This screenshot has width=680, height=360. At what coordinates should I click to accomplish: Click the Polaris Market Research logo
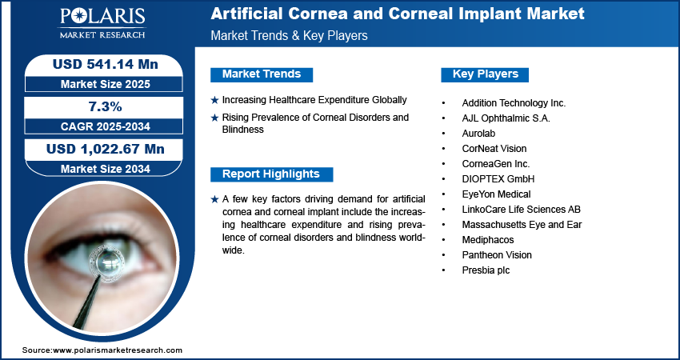coord(102,22)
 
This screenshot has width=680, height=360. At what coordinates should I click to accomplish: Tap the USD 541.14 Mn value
coord(105,65)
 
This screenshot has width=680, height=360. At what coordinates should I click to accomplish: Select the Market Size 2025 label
coord(105,84)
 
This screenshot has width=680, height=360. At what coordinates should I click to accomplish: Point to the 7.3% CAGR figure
coord(105,106)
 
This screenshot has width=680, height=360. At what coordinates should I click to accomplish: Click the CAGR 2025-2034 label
coord(105,126)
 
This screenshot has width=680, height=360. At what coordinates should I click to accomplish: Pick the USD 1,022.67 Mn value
coord(105,150)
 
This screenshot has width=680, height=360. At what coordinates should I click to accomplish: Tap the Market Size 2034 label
coord(105,169)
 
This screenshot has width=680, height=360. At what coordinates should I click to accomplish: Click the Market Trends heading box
coord(262,74)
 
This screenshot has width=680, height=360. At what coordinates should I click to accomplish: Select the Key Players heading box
coord(485,74)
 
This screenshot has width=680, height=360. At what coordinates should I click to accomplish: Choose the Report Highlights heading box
coord(271,174)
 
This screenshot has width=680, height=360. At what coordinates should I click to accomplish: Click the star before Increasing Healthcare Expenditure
coord(214,101)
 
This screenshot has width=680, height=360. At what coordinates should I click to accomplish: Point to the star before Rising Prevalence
coord(214,118)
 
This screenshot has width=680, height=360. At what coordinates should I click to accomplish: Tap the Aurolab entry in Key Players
coord(478,134)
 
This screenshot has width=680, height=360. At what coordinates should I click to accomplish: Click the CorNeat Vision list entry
coord(494,149)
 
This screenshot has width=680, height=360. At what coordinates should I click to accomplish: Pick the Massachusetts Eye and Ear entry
coord(522,225)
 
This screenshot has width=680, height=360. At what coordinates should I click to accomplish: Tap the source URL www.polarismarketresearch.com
coord(118,350)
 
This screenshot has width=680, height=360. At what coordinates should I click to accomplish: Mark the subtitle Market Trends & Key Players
coord(289,35)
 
